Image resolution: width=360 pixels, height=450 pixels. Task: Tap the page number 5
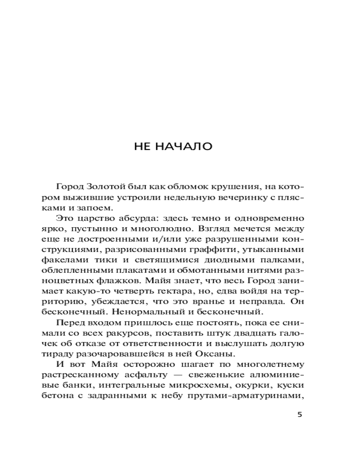coord(300,414)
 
